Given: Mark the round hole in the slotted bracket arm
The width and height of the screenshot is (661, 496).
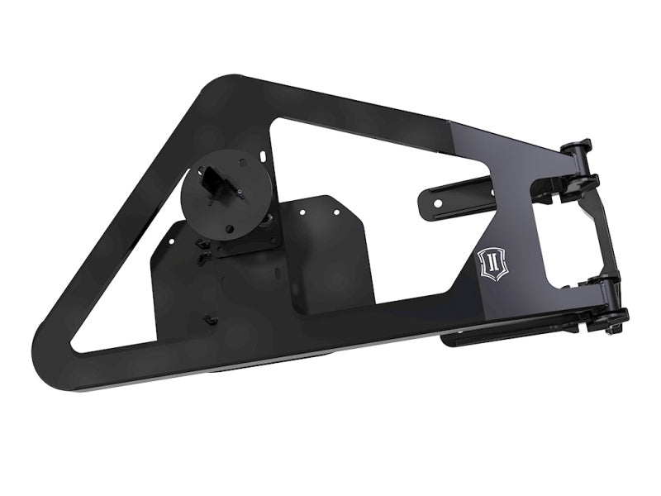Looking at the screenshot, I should (x=431, y=199).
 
